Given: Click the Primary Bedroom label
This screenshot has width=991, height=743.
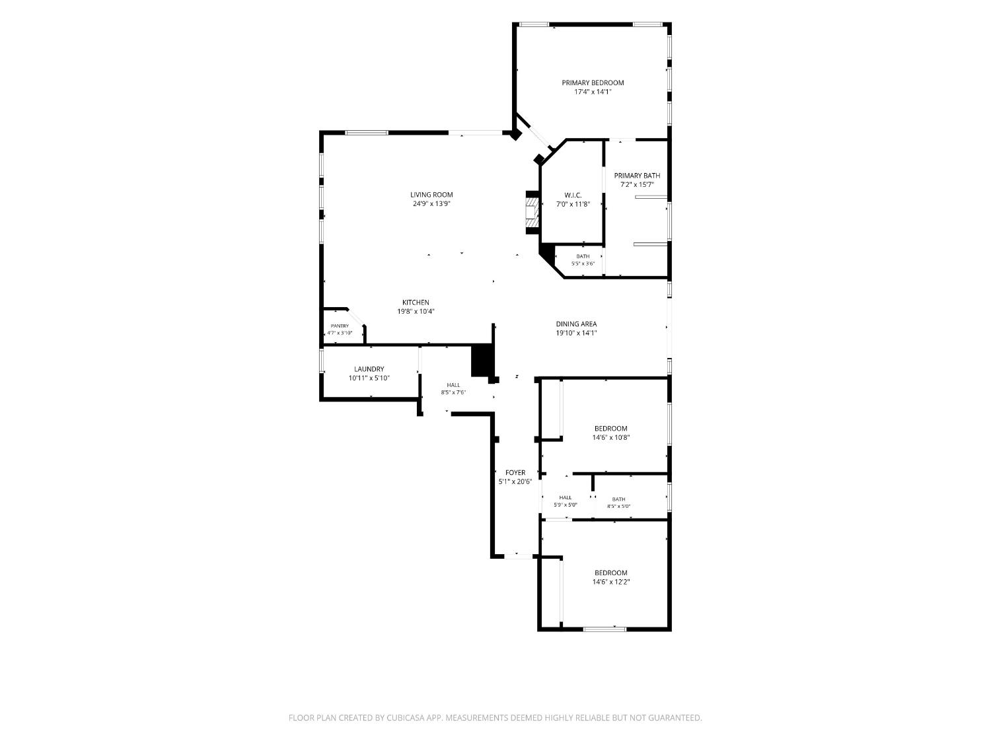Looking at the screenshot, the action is (x=593, y=83).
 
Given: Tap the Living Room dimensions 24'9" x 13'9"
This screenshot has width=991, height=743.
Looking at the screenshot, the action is (x=431, y=203).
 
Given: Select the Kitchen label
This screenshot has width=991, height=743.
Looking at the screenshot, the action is (x=416, y=302).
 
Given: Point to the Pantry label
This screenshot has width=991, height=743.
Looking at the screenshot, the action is (x=340, y=326).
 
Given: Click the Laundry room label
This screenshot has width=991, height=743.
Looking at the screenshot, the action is (x=369, y=369).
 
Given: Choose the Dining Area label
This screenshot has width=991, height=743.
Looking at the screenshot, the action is (x=576, y=324).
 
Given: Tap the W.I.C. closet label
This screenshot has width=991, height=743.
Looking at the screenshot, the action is (x=573, y=195).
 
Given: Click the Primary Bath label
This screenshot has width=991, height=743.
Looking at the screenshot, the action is (x=637, y=176).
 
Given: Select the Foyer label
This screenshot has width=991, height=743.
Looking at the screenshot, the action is (x=515, y=473).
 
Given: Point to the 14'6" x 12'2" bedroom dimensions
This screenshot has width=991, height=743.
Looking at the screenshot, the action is (x=611, y=582).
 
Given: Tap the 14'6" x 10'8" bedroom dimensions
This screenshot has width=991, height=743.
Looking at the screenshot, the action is (x=611, y=437).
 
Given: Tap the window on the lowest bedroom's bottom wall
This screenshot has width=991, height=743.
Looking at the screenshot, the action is (x=605, y=629).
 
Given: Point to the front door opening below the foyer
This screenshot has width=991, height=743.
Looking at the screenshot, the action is (x=519, y=556).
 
